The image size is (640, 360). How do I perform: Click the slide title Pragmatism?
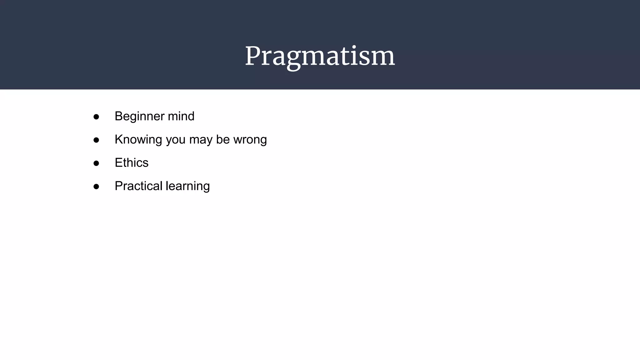tap(320, 56)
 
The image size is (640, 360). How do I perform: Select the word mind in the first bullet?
tap(181, 116)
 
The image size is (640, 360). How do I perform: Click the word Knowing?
tap(138, 140)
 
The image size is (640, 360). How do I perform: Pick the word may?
tap(201, 140)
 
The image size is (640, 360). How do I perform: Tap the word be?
tap(223, 139)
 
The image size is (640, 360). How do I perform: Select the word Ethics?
tap(132, 163)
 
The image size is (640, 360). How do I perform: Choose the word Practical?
tap(138, 186)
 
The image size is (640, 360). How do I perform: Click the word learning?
tap(187, 186)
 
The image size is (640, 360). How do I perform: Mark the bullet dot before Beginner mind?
tap(96, 117)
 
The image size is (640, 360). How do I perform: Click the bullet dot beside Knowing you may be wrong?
tap(96, 140)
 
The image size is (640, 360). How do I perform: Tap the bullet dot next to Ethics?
tap(96, 163)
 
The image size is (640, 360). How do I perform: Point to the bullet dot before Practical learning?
tap(96, 187)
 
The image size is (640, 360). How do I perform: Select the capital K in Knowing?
tap(119, 139)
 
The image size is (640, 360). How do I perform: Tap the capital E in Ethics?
tap(119, 162)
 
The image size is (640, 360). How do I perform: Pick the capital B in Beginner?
tap(119, 116)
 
